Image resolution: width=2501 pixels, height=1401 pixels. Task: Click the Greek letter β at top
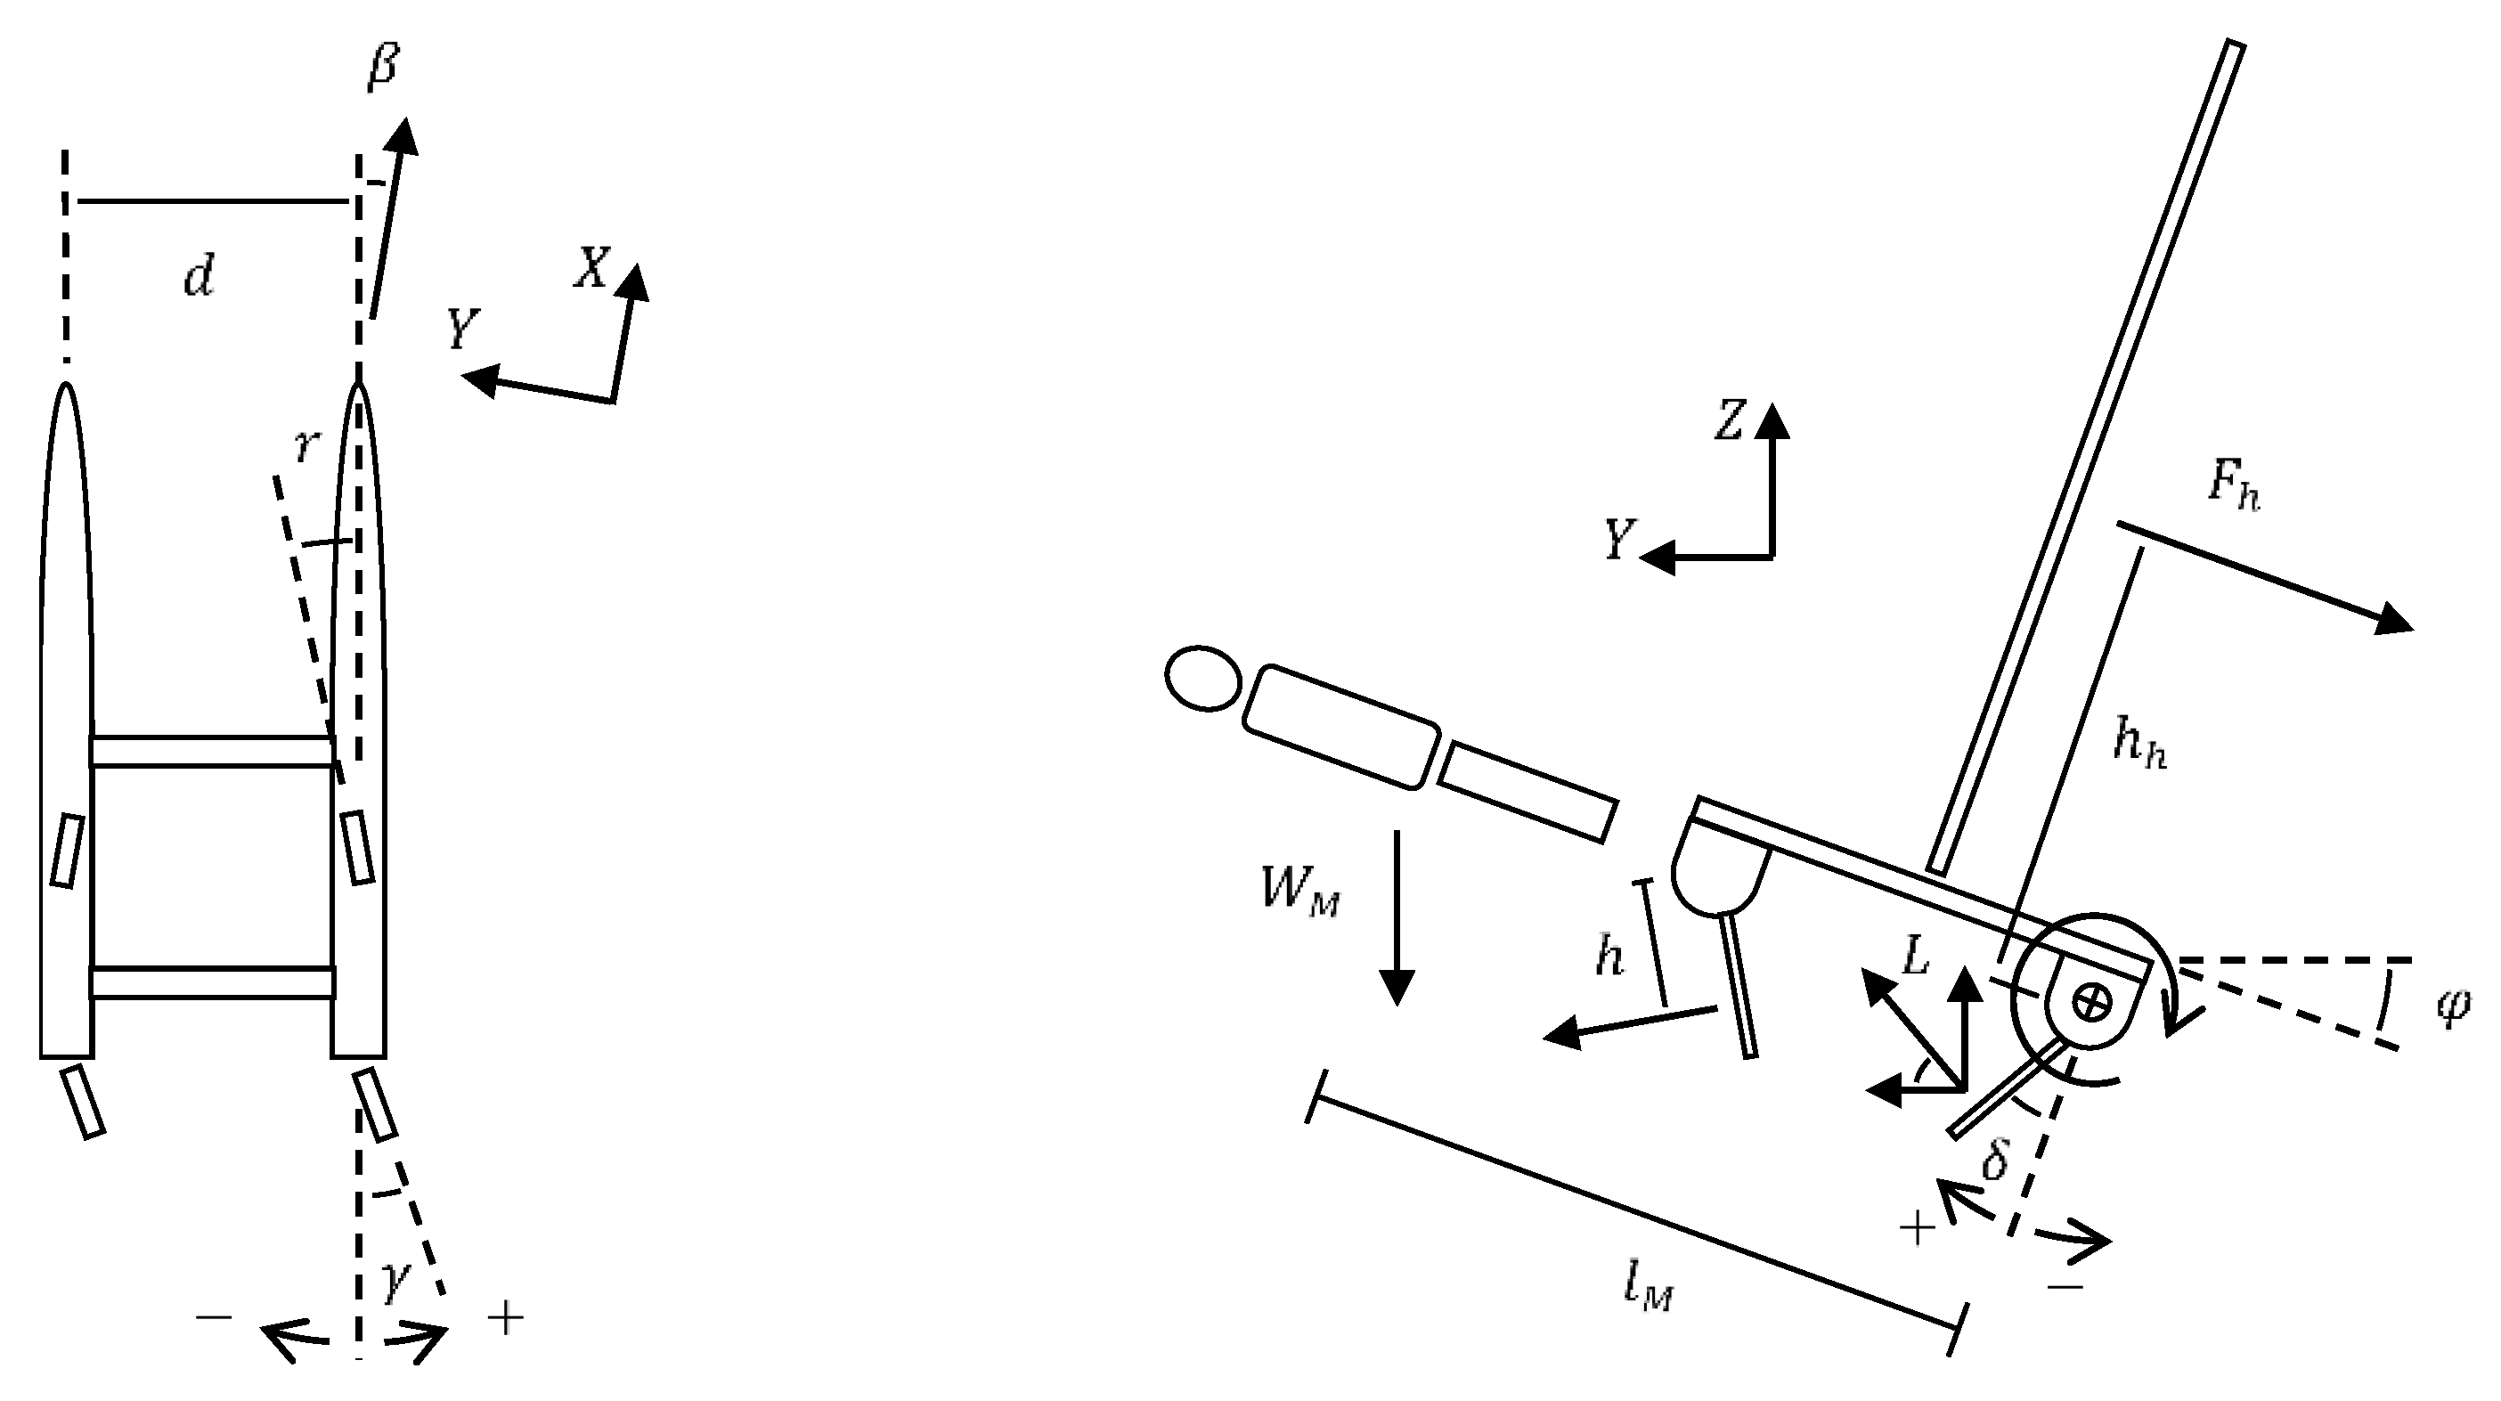[x=385, y=68]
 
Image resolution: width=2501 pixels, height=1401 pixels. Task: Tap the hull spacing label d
[x=199, y=277]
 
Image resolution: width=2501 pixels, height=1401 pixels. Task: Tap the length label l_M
[x=1649, y=1290]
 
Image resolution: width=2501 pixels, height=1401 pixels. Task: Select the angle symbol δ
[x=1994, y=1157]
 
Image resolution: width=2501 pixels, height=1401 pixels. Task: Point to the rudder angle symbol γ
[x=395, y=1280]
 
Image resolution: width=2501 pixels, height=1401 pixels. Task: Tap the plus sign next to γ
[x=506, y=1318]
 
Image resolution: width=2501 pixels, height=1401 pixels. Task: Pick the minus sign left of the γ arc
[x=214, y=1317]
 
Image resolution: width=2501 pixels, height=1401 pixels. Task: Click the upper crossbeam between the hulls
[x=212, y=752]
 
